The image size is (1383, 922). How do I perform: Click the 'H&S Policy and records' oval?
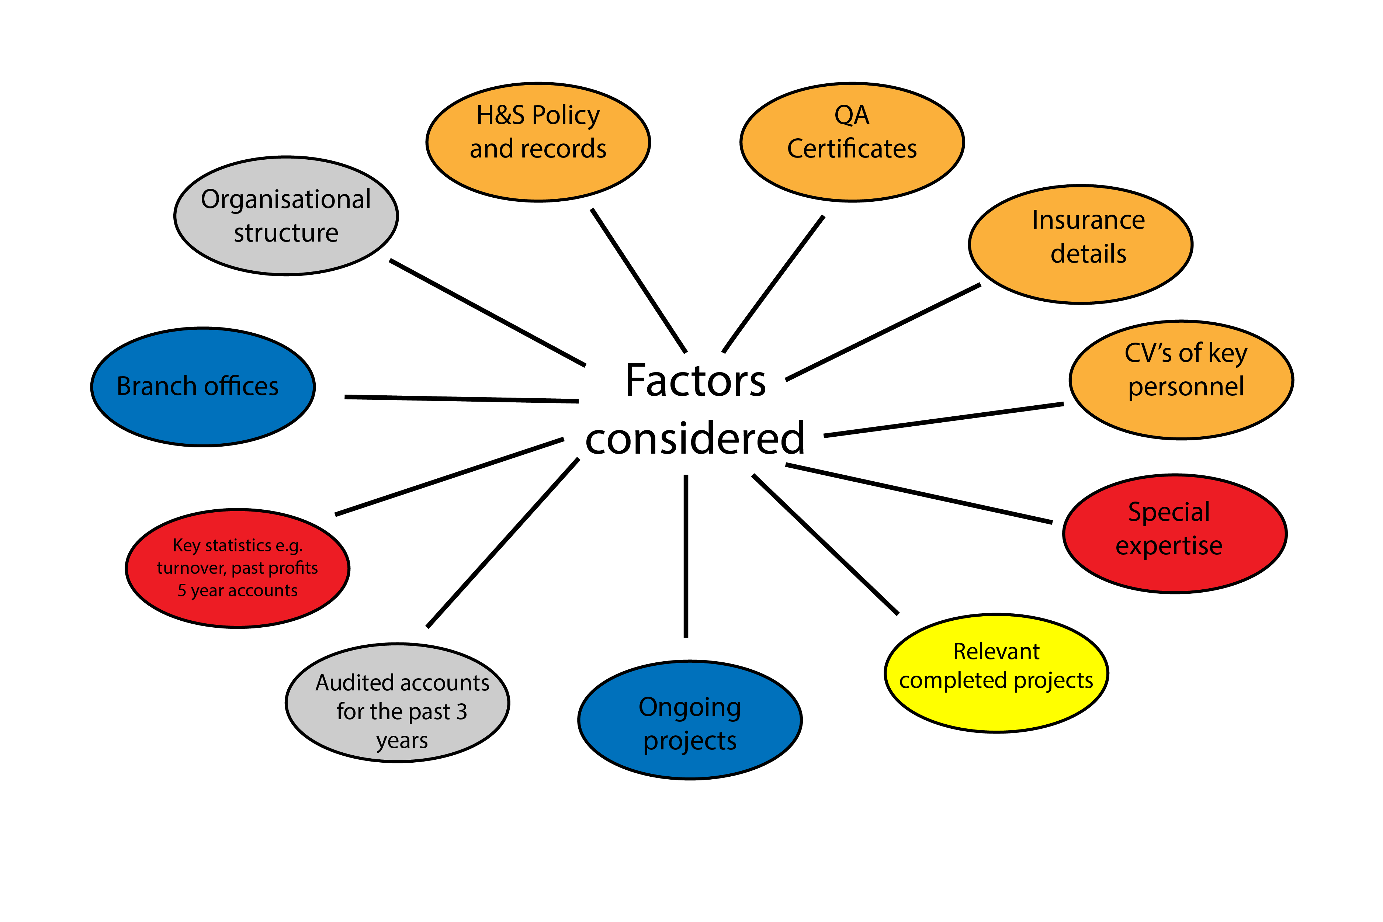(x=538, y=142)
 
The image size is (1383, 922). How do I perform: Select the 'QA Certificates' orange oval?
(x=852, y=142)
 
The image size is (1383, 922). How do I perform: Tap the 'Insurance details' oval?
(x=1081, y=245)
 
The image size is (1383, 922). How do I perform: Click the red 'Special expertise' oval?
(x=1175, y=534)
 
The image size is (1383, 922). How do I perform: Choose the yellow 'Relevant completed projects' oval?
(x=996, y=673)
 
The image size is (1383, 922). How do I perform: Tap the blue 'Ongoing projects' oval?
(x=690, y=720)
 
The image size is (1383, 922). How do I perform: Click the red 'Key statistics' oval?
(x=238, y=569)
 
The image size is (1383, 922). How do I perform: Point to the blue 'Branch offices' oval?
(x=203, y=387)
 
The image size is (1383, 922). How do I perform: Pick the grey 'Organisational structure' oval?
(x=286, y=216)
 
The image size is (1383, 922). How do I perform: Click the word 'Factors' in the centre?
(x=696, y=381)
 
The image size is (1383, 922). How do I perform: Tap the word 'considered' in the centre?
(x=695, y=439)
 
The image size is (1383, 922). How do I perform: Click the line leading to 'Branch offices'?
(x=462, y=399)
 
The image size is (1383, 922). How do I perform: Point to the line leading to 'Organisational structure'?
(x=488, y=312)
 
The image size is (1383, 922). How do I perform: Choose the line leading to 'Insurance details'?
(x=883, y=332)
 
